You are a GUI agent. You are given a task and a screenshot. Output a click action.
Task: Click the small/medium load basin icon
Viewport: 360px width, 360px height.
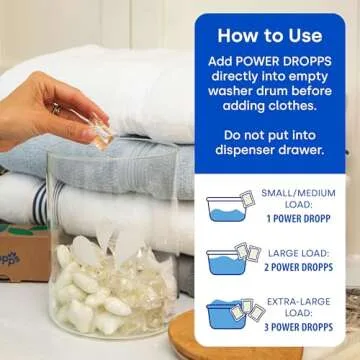pos(229,208)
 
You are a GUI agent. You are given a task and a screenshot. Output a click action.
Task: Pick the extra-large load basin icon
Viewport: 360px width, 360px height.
pos(228,313)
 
